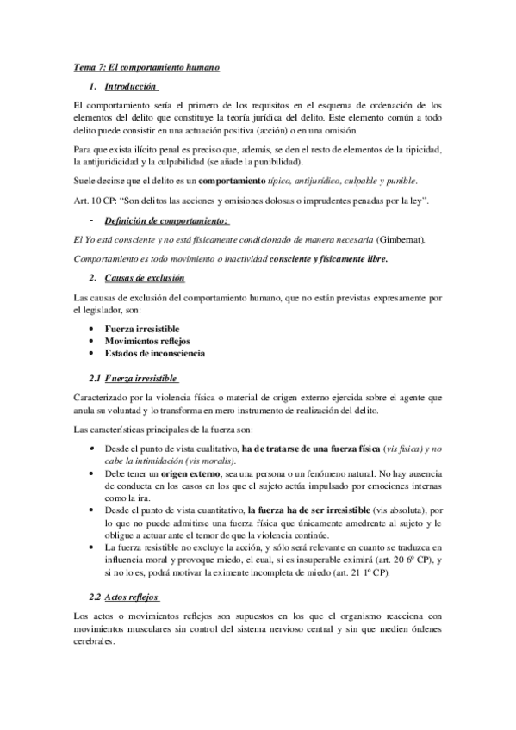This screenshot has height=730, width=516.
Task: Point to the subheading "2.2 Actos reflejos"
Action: point(124,597)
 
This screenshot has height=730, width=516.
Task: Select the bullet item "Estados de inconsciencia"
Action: point(155,353)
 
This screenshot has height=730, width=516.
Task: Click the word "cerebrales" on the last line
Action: point(94,642)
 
